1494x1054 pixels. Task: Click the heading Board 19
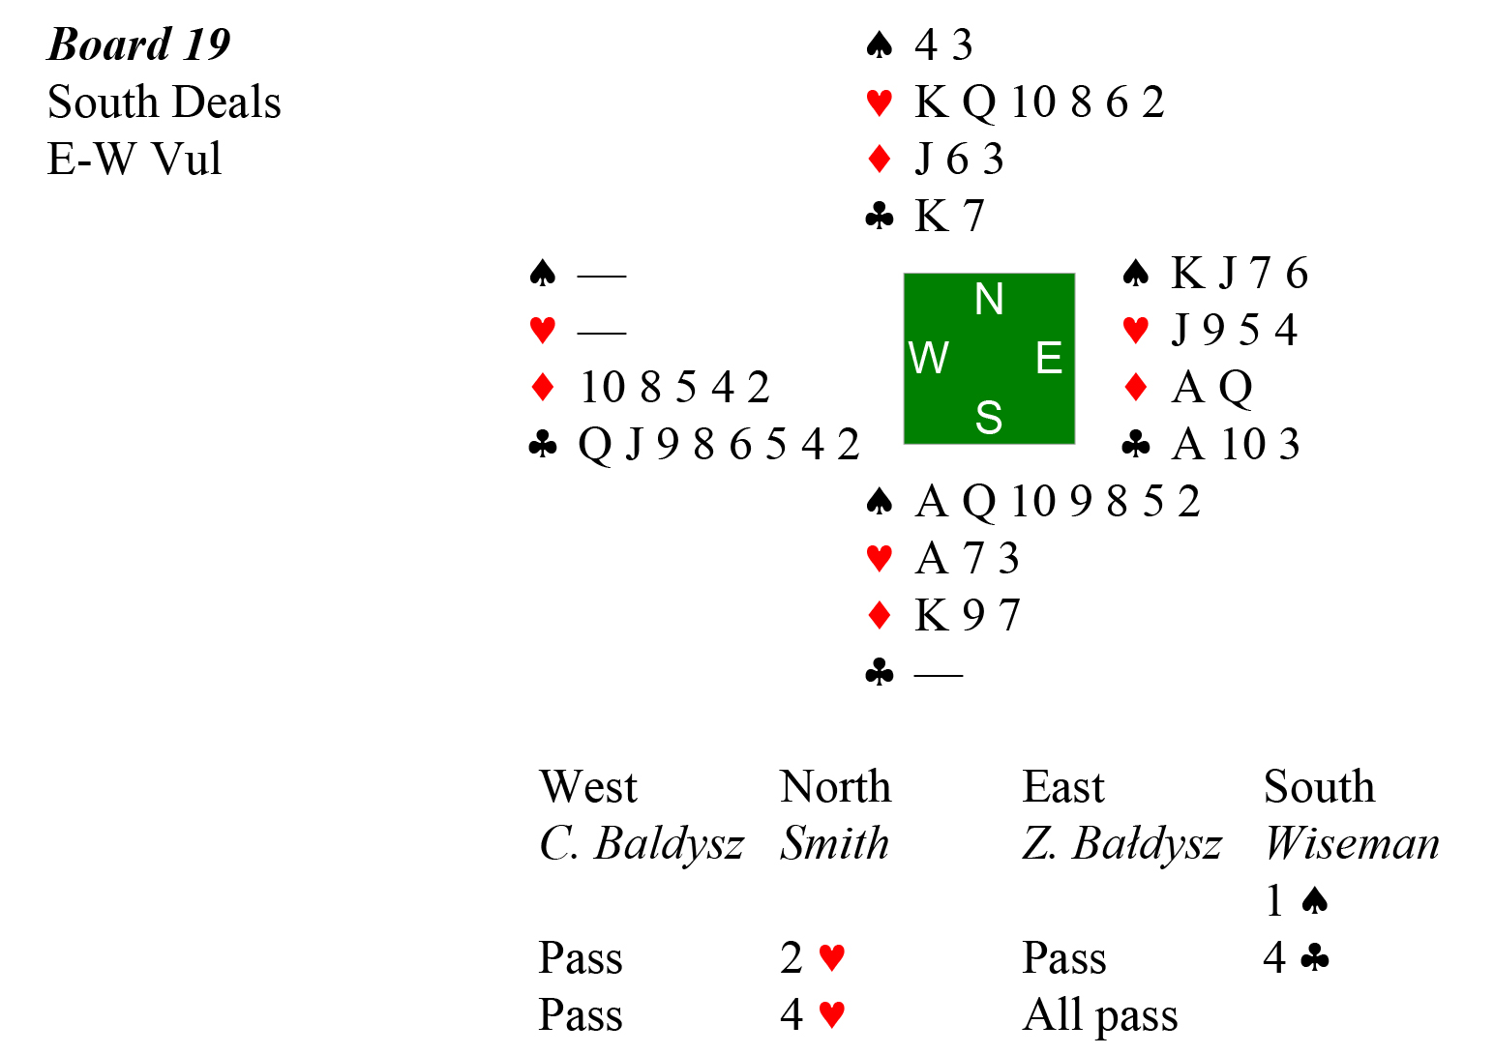tap(139, 44)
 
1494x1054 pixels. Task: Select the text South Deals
tap(164, 102)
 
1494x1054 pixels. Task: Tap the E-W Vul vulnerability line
tap(134, 159)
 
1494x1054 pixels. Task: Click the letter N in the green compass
tap(989, 300)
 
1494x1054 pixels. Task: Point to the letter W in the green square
tap(929, 359)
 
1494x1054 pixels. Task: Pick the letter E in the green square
tap(1049, 359)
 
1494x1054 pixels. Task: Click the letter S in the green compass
tap(989, 418)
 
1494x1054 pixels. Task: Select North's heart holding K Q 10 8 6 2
tap(1038, 102)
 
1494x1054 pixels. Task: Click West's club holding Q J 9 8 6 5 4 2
tap(718, 445)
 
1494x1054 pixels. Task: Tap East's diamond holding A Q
tap(1211, 388)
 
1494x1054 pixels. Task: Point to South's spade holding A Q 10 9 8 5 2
tap(1057, 502)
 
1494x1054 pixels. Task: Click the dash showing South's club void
tap(938, 674)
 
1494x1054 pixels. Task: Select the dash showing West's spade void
tap(602, 276)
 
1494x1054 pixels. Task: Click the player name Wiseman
tap(1352, 843)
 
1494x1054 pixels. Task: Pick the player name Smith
tap(834, 843)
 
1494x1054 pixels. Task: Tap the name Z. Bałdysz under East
tap(1121, 843)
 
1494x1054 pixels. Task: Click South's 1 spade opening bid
tap(1296, 900)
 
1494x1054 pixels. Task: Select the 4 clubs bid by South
tap(1296, 957)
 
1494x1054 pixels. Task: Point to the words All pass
tap(1100, 1015)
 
